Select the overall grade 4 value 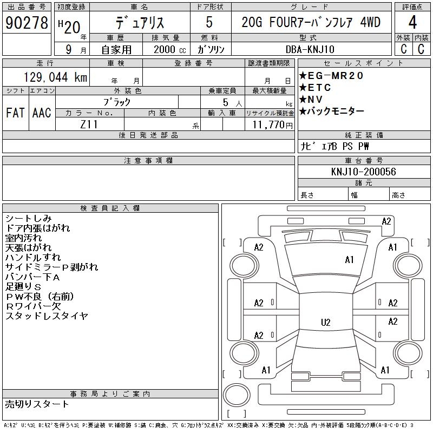(x=412, y=23)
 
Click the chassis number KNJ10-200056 (x=363, y=172)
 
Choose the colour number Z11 (x=89, y=124)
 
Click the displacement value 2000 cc (x=166, y=49)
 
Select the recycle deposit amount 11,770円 (x=270, y=124)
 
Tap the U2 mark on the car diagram (x=325, y=323)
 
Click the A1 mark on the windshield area (x=349, y=260)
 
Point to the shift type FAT (x=16, y=113)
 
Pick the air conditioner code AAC (x=41, y=113)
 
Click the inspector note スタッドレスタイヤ (x=47, y=316)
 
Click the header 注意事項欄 (x=148, y=161)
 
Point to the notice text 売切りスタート (x=37, y=404)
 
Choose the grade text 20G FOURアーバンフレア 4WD (x=311, y=23)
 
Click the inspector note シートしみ (x=28, y=219)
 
